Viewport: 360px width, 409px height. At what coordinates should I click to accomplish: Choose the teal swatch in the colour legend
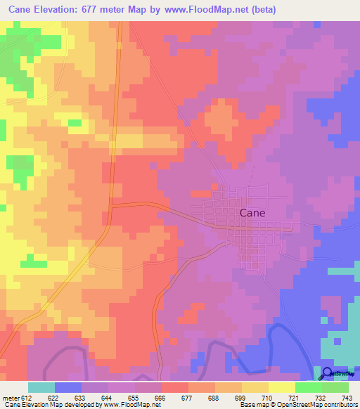[41, 387]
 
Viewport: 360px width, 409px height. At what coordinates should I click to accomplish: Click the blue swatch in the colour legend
[68, 387]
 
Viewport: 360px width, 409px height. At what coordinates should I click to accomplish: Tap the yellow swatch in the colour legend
[255, 387]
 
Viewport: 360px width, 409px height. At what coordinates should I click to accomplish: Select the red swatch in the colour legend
[175, 387]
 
